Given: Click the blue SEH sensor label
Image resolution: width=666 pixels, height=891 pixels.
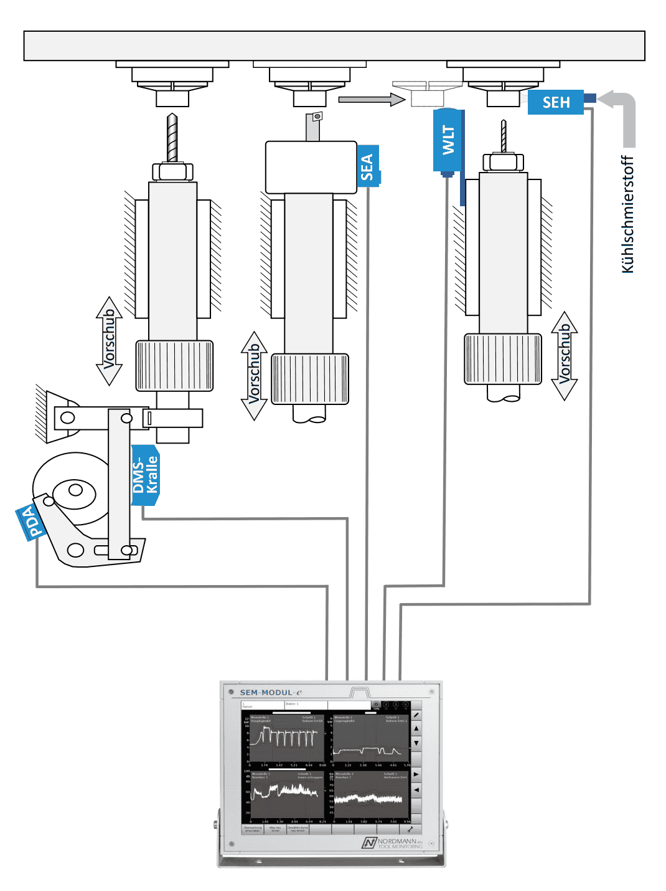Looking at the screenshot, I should coord(555,102).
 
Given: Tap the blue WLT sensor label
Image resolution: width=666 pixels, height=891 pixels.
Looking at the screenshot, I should coord(448,140).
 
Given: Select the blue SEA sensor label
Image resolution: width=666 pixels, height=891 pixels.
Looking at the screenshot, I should coord(368,166).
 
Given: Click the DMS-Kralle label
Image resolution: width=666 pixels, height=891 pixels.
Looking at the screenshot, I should coord(146,475).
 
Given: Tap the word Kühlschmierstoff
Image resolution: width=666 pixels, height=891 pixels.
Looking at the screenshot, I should coord(628,214).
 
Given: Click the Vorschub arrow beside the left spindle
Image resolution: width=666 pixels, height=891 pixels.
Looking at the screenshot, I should coord(109,341).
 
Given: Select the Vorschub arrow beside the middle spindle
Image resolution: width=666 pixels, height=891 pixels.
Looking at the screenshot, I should coord(254,376).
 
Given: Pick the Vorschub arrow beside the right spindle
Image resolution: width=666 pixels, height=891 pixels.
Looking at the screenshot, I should coord(565,356).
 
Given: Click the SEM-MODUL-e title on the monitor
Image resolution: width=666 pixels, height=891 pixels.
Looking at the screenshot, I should coord(271,692).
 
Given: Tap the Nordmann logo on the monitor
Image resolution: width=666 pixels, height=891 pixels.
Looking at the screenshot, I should coord(392,843).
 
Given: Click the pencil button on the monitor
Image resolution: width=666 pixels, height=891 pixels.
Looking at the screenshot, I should coord(416,715).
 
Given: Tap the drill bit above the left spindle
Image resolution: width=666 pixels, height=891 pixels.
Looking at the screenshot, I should coord(172,138).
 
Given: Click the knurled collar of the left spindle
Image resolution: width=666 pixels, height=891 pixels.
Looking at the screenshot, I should coord(174,366).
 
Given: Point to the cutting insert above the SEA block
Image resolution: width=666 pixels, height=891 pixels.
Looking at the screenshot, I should coord(317,117).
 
